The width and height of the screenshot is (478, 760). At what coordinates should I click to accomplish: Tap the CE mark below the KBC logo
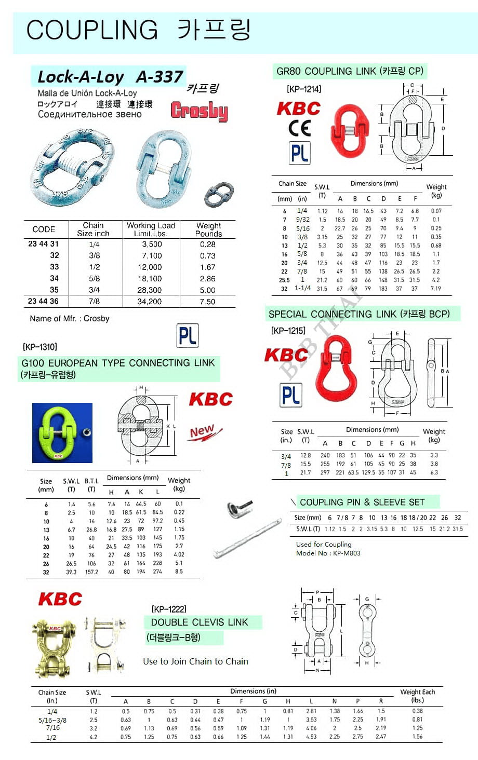299,128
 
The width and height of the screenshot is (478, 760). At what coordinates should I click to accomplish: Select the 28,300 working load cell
150,290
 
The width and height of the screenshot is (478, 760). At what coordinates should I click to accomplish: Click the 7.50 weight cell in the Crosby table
207,302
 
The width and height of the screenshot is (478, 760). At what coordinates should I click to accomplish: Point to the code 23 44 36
43,301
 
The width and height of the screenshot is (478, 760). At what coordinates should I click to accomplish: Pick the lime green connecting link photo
62,433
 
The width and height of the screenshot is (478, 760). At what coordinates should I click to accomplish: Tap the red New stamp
204,432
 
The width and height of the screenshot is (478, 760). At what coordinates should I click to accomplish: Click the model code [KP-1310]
40,347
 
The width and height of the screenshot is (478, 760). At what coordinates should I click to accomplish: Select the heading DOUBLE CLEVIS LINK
200,622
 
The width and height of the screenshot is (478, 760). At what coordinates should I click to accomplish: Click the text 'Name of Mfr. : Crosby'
70,319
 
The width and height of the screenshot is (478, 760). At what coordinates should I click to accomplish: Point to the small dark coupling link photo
219,194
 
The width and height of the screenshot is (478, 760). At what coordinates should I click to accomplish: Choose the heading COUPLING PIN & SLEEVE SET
362,502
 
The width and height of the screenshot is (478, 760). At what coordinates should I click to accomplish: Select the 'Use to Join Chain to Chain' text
195,661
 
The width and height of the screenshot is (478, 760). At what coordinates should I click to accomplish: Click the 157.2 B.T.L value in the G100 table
91,572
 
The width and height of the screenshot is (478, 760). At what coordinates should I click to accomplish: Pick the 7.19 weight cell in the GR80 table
435,288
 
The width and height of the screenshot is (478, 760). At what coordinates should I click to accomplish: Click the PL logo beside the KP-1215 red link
291,395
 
